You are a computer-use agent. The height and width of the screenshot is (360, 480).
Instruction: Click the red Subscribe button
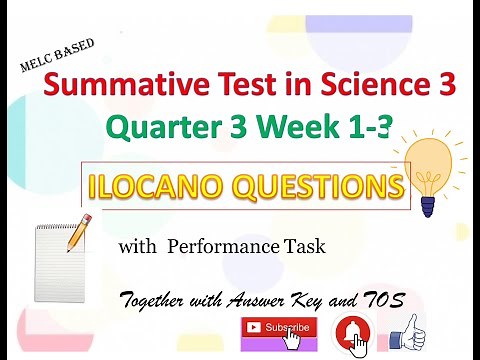point(274,328)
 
